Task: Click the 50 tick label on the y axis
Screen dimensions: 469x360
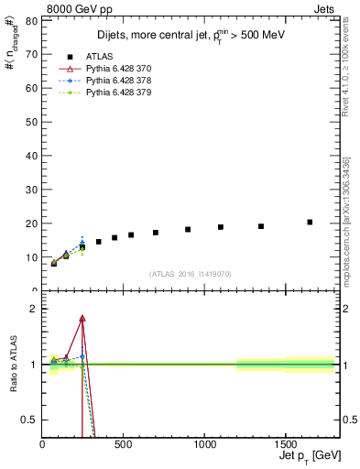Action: pyautogui.click(x=31, y=122)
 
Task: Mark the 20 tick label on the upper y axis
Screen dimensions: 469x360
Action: pyautogui.click(x=31, y=224)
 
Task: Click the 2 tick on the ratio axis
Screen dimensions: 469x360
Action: pyautogui.click(x=34, y=309)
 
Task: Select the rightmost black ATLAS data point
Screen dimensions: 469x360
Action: pyautogui.click(x=310, y=222)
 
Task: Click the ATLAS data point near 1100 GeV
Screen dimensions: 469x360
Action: pyautogui.click(x=220, y=227)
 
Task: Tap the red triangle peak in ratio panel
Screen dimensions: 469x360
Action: pyautogui.click(x=82, y=318)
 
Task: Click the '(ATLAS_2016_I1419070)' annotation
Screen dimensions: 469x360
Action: pyautogui.click(x=189, y=273)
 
